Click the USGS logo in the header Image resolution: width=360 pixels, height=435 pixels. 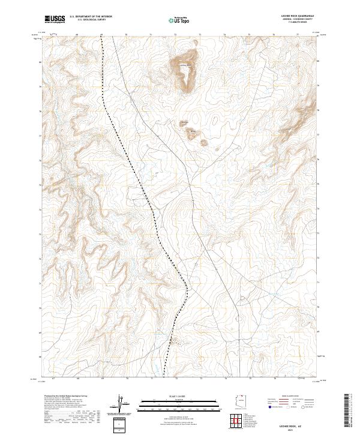click(x=55, y=19)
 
